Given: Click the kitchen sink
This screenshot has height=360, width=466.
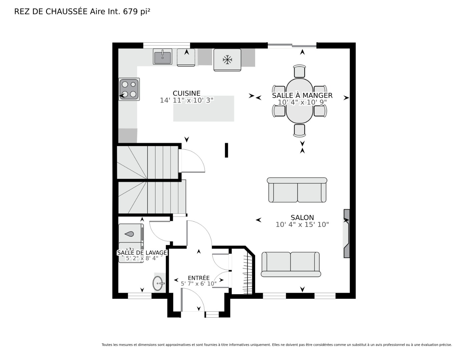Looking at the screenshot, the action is pos(162,57).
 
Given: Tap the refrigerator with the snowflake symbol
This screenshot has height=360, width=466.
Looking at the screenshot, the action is pos(227,60).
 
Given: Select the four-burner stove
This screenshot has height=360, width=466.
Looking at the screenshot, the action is pos(129,89).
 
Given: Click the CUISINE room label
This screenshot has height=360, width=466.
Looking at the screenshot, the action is pos(186,93).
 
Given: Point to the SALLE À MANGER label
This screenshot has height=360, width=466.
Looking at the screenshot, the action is pos(302,95).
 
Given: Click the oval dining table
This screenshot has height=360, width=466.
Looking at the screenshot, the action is pos(299,101).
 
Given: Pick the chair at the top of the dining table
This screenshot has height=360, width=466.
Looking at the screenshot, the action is pos(299,71).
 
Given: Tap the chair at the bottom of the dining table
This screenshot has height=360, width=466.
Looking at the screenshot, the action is pos(299,130).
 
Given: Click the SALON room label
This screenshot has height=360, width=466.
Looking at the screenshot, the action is pos(302,217).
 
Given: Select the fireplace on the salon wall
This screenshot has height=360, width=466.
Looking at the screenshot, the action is pos(347,233).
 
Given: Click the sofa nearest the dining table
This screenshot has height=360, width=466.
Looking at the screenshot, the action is pos(297,190).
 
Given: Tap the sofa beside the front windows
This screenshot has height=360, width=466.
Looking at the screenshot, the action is pos(291,264).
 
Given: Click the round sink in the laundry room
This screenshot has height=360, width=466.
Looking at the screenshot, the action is pos(158,283).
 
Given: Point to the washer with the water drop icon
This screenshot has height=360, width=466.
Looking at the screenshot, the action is pos(131,233).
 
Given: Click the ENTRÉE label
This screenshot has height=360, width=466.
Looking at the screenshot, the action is pos(198,278).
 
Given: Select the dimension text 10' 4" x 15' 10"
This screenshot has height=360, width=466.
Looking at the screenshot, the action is pos(302,225).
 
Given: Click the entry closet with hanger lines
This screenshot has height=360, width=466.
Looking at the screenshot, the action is pos(243,271).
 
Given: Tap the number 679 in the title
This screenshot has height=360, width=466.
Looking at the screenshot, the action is pos(130,12).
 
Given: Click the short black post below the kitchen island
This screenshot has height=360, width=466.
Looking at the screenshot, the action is pos(226,150).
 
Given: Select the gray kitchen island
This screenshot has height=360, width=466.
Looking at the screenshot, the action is pos(203,108).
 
